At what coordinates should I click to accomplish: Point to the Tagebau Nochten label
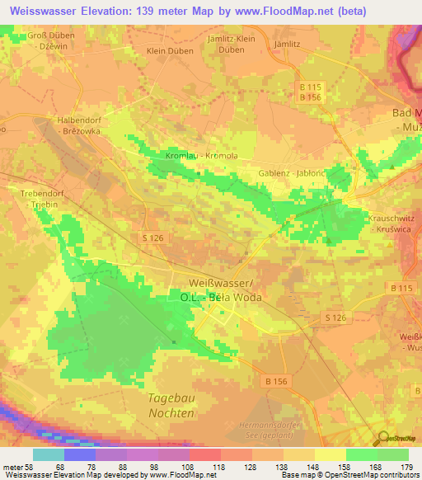171,405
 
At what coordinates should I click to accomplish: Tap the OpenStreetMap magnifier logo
382,438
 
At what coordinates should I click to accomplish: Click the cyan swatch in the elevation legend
49,454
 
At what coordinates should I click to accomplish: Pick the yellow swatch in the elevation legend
330,454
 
